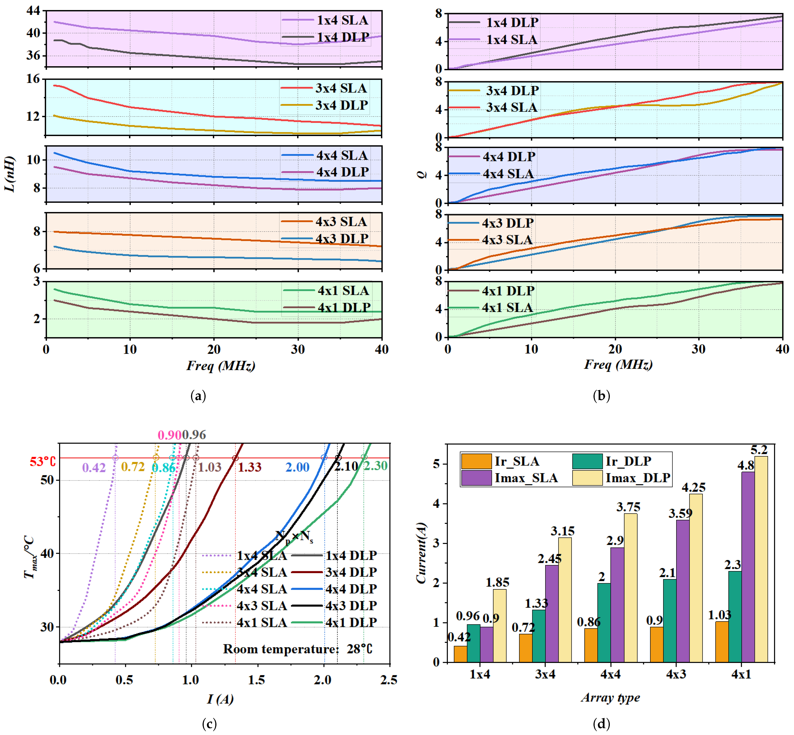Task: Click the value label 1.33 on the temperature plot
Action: pyautogui.click(x=250, y=467)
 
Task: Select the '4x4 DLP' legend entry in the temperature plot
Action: pyautogui.click(x=334, y=589)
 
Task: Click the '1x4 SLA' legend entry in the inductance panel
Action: pyautogui.click(x=325, y=20)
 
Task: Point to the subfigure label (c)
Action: pyautogui.click(x=210, y=724)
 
